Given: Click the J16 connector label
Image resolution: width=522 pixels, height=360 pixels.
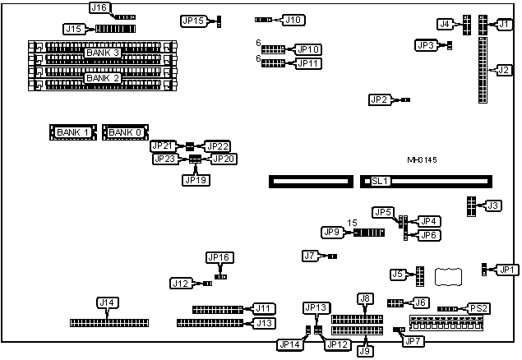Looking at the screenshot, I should coord(99,7).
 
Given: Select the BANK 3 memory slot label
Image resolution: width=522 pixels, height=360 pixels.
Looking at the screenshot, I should coord(103,53).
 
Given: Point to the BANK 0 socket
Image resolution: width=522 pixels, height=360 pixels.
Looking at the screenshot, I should coord(126,132).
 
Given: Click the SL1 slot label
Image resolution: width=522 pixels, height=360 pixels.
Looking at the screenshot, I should coord(379,180).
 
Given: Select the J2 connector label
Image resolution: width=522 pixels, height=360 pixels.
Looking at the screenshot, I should coord(504,70).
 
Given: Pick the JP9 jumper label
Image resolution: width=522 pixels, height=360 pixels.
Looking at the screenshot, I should coord(332,233).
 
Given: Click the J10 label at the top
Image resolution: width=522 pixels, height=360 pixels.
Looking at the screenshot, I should coord(293,19).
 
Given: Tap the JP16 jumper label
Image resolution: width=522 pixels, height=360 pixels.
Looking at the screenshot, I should coord(219,257).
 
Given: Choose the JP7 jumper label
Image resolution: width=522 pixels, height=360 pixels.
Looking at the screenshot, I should coord(413,340).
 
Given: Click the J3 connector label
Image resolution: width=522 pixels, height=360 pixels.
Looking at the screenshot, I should coord(492,205).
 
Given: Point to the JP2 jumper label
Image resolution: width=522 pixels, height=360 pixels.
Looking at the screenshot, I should coord(379,99).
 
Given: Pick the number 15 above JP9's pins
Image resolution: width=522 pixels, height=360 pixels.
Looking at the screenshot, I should coord(351,223).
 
